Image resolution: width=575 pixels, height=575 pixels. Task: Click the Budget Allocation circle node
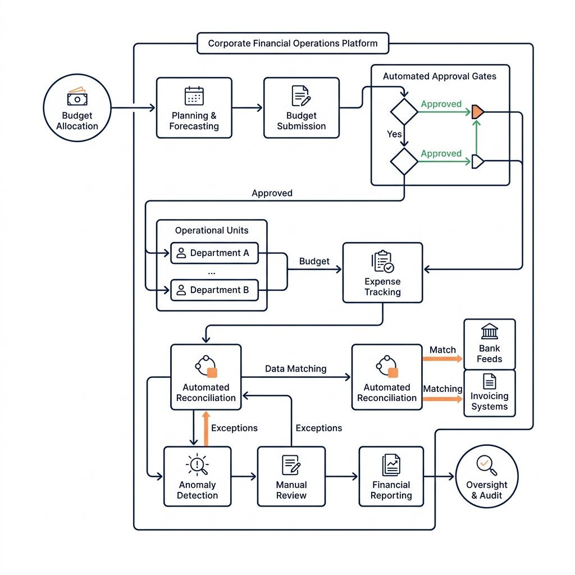pyautogui.click(x=77, y=108)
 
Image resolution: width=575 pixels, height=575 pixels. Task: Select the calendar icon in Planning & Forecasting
pyautogui.click(x=194, y=96)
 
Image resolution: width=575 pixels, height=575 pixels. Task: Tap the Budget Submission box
pyautogui.click(x=302, y=108)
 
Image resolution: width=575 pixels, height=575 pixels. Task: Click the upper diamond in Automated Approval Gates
pyautogui.click(x=404, y=112)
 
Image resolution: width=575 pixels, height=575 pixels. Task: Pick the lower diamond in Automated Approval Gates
pyautogui.click(x=404, y=162)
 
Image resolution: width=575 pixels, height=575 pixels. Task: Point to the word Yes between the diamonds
pyautogui.click(x=394, y=134)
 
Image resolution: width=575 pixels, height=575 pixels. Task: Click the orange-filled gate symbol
pyautogui.click(x=477, y=112)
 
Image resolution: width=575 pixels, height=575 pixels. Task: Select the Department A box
pyautogui.click(x=215, y=253)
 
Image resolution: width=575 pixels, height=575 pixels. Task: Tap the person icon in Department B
pyautogui.click(x=181, y=290)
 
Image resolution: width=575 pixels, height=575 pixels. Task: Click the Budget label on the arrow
pyautogui.click(x=314, y=261)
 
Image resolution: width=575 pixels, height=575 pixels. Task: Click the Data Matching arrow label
pyautogui.click(x=295, y=369)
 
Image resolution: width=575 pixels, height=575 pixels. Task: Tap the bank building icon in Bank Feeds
pyautogui.click(x=490, y=331)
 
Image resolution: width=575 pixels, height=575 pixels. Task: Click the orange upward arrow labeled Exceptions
pyautogui.click(x=206, y=428)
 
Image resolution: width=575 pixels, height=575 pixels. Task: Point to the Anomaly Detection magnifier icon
pyautogui.click(x=197, y=464)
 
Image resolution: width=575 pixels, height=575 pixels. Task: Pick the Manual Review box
pyautogui.click(x=291, y=476)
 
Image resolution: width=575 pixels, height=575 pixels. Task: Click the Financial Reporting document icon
pyautogui.click(x=391, y=464)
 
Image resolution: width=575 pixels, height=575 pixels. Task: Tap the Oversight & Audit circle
pyautogui.click(x=487, y=476)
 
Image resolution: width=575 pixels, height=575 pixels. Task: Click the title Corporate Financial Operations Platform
pyautogui.click(x=293, y=43)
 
